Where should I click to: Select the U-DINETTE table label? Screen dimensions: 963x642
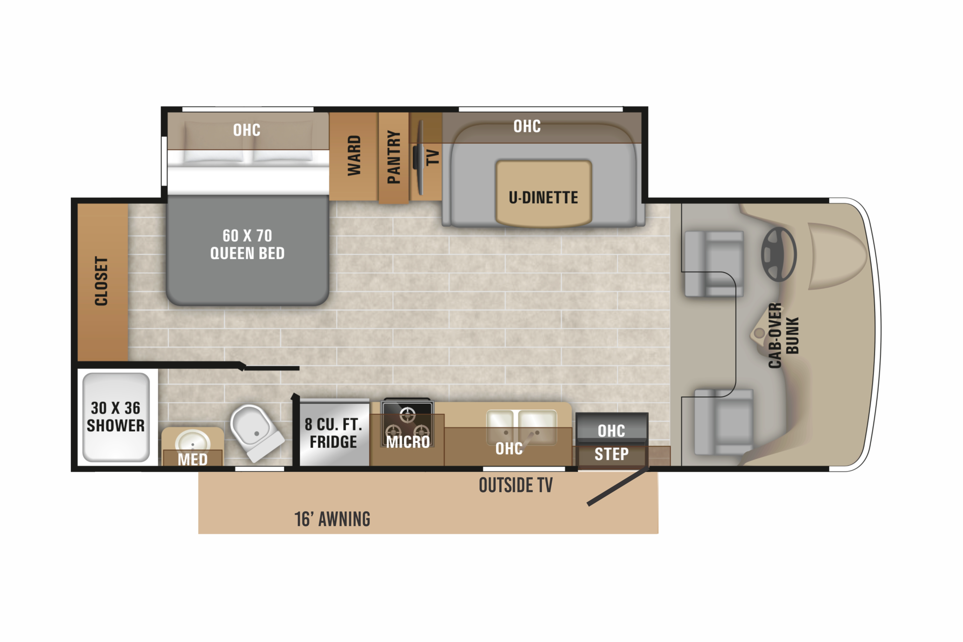click(543, 198)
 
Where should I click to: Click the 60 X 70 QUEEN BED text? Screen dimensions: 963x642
click(247, 244)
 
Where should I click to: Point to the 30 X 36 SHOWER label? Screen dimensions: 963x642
click(115, 417)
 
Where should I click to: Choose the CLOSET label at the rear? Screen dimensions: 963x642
click(101, 281)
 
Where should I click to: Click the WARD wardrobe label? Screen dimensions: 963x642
click(354, 156)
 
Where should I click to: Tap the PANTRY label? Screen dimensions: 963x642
click(394, 157)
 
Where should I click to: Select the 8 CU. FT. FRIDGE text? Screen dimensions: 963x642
click(333, 433)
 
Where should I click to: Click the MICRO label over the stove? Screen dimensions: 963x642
click(408, 442)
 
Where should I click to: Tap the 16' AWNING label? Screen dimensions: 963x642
click(332, 519)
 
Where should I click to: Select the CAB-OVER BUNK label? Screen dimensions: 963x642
click(783, 335)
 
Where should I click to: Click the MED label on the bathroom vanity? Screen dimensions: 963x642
click(192, 459)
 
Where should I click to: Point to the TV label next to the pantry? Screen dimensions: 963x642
click(433, 157)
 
